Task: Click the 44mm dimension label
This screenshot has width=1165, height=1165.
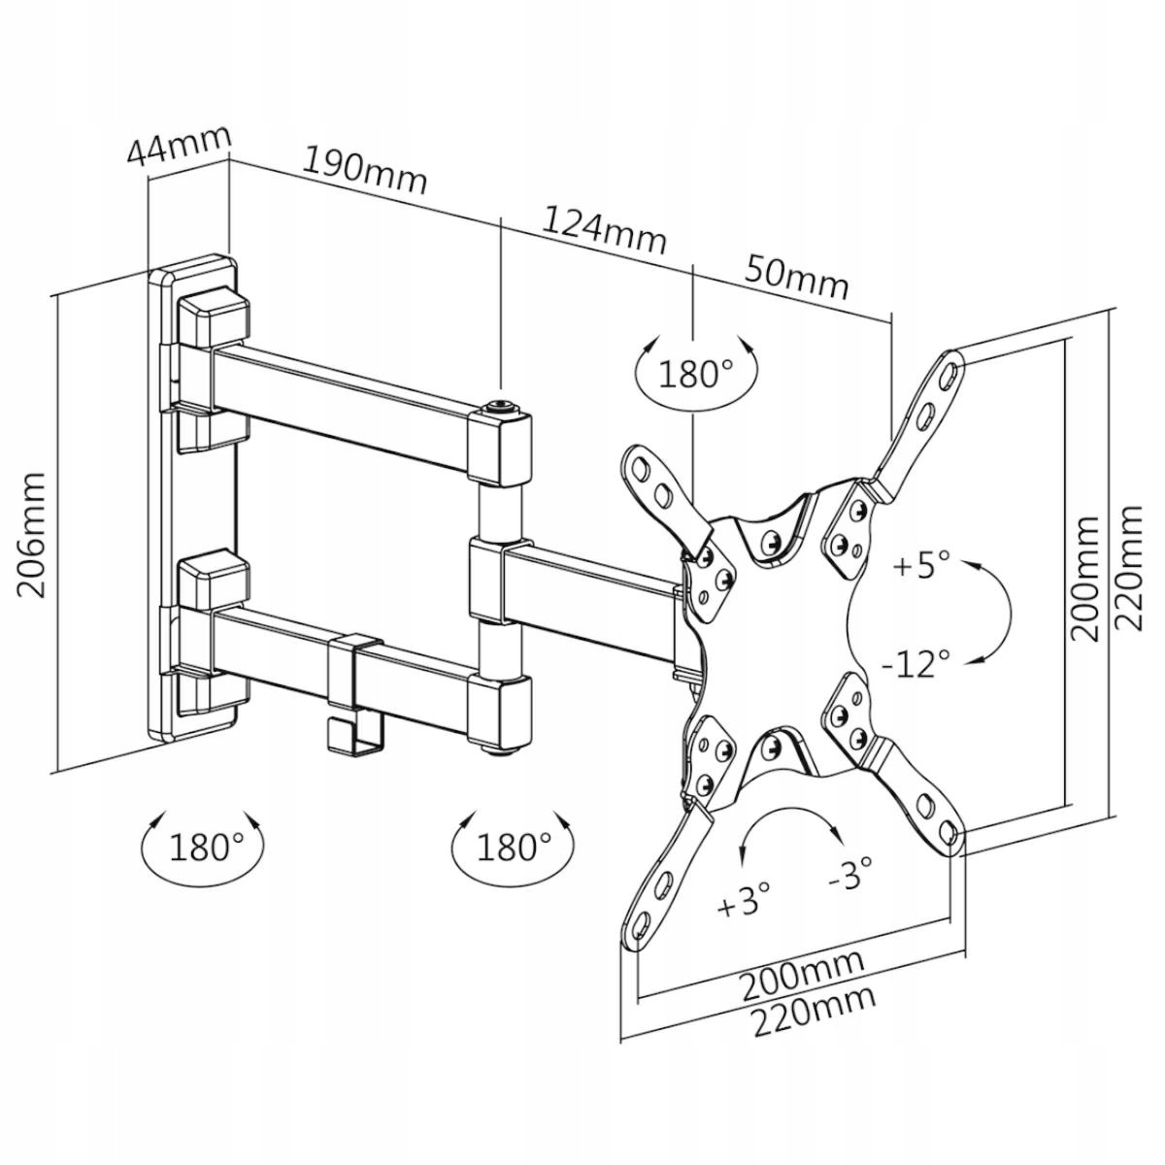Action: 180,147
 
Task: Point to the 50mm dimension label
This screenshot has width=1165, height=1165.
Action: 796,278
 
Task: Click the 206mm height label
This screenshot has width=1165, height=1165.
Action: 31,534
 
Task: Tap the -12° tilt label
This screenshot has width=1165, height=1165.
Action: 915,663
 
